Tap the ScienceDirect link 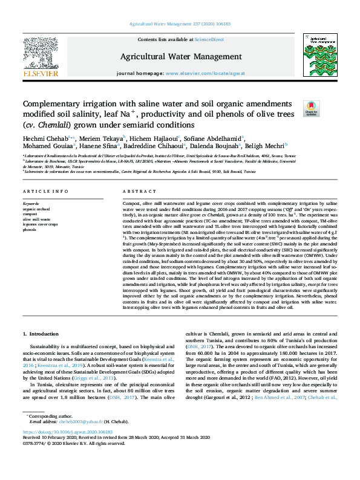point(209,39)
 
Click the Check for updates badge point(311,109)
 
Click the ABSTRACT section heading point(136,190)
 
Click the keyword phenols point(30,230)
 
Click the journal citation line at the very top point(180,24)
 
